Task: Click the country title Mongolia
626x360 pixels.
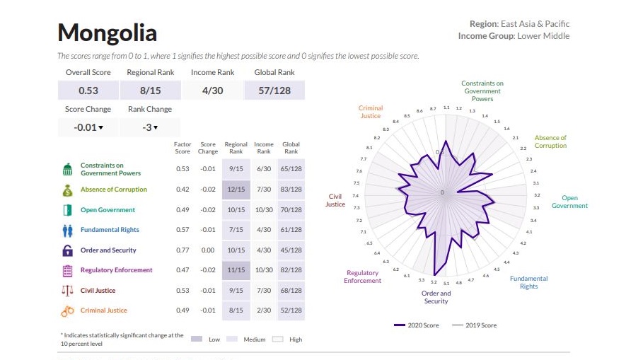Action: [107, 33]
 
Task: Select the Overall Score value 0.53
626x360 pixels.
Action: [88, 91]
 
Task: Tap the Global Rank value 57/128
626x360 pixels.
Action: [274, 91]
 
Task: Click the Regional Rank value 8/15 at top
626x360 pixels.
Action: [151, 91]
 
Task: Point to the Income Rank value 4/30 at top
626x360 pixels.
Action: [212, 91]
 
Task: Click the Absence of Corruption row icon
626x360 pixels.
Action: [68, 190]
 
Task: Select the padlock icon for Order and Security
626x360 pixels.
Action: [68, 250]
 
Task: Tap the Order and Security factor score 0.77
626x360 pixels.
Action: [182, 250]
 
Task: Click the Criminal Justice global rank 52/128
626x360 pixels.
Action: [291, 310]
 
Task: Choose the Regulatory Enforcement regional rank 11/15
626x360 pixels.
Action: [236, 270]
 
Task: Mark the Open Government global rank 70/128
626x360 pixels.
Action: [291, 210]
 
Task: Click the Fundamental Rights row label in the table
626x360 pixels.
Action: [110, 230]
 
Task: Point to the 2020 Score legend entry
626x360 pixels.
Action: [418, 325]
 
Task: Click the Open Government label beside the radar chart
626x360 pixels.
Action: [569, 202]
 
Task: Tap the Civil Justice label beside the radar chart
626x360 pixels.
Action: [335, 200]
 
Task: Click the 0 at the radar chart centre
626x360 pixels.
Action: [442, 192]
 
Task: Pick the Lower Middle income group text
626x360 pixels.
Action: [543, 36]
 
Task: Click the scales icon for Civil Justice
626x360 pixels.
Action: [68, 291]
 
